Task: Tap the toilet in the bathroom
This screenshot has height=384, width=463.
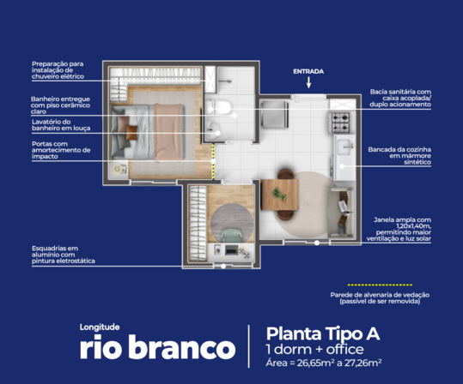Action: click(x=222, y=107)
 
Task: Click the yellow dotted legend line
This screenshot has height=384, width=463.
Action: click(x=374, y=284)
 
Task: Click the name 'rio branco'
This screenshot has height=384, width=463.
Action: click(x=156, y=349)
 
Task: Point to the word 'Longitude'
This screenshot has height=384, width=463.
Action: click(x=101, y=327)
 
